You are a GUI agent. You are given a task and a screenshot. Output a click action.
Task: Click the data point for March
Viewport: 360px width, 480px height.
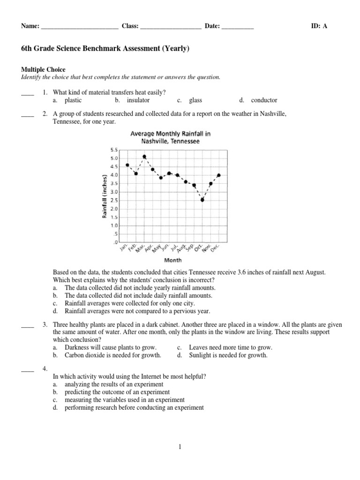pos(144,157)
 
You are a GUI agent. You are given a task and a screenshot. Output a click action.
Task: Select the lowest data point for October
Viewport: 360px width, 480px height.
pos(202,200)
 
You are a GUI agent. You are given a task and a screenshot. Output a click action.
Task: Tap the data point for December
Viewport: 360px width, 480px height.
pos(219,175)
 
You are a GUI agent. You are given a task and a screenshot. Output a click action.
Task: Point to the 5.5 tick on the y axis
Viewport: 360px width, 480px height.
pos(114,150)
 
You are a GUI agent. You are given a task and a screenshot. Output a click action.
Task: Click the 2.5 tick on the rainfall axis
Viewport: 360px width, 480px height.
pos(114,200)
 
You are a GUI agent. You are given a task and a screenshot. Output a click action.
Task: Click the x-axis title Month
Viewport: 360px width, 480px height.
pos(173,260)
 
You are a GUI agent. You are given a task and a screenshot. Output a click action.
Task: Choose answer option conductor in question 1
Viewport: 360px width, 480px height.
pos(264,100)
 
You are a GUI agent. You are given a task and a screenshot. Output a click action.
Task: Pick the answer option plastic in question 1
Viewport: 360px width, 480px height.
pos(73,100)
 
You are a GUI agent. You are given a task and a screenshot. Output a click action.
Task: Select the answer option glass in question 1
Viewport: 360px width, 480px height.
pos(195,100)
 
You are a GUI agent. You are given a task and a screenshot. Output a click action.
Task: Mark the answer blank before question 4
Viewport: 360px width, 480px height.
pos(28,371)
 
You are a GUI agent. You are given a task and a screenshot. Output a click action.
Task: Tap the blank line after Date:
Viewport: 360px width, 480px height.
pos(238,27)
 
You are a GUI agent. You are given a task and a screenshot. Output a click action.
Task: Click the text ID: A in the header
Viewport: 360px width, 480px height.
pos(319,26)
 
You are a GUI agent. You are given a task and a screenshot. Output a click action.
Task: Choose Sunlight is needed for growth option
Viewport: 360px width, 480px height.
pos(228,355)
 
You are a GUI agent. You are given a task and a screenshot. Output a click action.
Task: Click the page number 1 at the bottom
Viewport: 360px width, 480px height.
pos(180,447)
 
